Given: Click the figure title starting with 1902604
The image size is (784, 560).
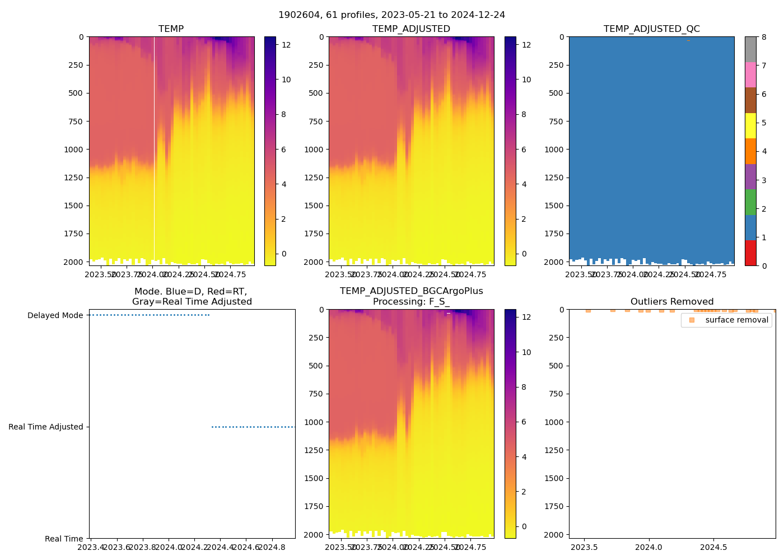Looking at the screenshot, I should [x=391, y=15].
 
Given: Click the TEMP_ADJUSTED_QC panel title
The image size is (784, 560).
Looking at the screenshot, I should [x=651, y=29].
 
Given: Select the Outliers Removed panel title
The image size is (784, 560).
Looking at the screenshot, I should [x=671, y=301].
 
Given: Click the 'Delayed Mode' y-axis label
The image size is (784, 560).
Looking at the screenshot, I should [x=55, y=315].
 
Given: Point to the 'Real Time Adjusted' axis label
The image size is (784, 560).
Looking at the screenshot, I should [x=46, y=427].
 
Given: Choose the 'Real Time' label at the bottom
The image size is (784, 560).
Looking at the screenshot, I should [x=64, y=539].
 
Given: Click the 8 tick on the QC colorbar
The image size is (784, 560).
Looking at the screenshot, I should [x=764, y=38].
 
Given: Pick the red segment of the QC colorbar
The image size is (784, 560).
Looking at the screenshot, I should [x=750, y=253].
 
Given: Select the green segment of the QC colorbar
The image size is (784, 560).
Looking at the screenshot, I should [x=750, y=202].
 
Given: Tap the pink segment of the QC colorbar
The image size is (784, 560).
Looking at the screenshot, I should [x=750, y=74].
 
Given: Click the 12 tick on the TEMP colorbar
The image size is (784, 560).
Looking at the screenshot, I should [x=286, y=45].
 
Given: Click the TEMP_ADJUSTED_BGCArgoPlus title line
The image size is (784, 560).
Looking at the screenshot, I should [x=411, y=291].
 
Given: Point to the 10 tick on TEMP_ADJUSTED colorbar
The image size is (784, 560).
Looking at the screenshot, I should [x=526, y=80].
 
